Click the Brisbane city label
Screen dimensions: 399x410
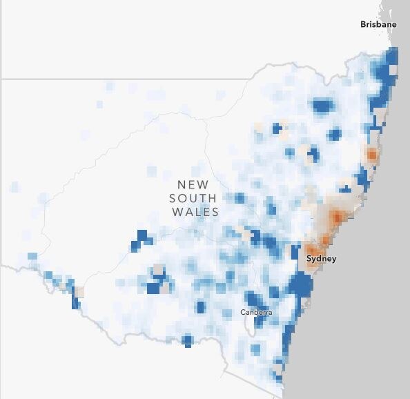pos(378,24)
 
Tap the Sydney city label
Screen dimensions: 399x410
pos(321,259)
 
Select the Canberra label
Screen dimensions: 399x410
pos(256,313)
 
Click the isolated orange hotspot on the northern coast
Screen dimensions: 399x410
pos(372,155)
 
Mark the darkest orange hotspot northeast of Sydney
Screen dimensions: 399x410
pos(337,217)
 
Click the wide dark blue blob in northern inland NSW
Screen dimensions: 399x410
pos(322,106)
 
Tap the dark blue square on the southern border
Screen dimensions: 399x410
pos(187,340)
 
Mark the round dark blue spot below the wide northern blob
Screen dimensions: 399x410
pos(335,134)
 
